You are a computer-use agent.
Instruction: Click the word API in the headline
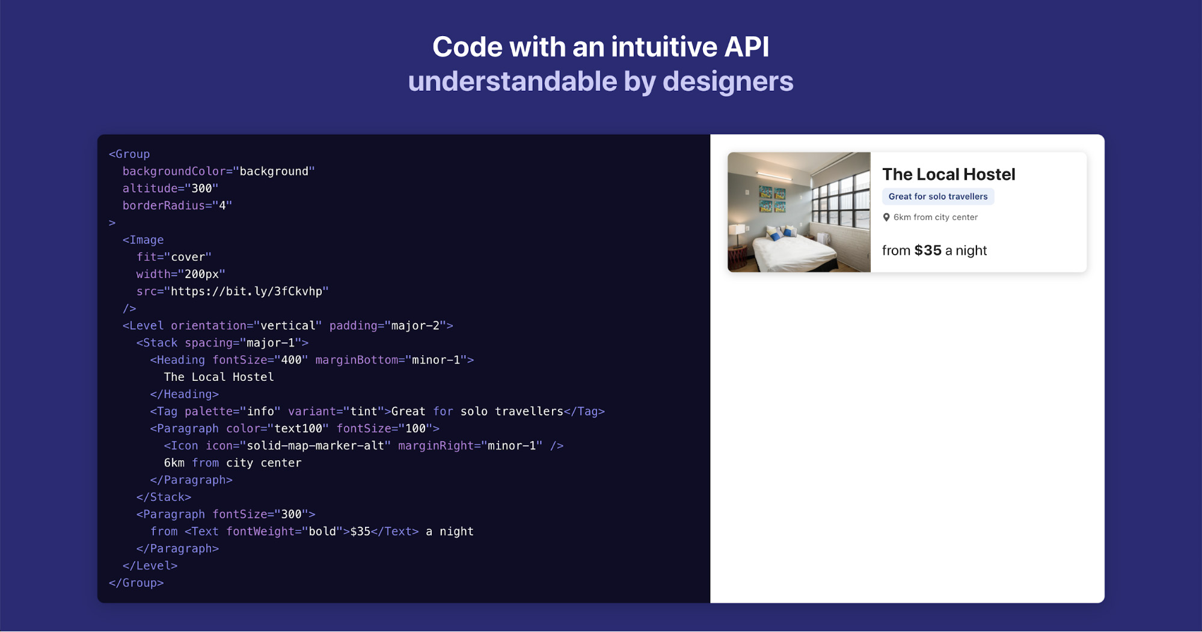(x=746, y=47)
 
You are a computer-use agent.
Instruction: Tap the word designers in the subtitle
(x=728, y=81)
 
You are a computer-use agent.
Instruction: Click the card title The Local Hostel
(x=948, y=174)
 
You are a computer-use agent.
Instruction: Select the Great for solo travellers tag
(x=938, y=196)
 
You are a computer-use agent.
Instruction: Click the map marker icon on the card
(x=886, y=217)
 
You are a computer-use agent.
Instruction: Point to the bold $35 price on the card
(x=928, y=251)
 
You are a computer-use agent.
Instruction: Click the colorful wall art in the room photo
(x=772, y=199)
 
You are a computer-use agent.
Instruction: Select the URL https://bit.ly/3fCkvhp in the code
(x=247, y=291)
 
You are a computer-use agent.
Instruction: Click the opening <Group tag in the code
(x=129, y=154)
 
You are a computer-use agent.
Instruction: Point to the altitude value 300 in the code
(x=201, y=189)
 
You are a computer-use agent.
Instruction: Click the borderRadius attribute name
(x=164, y=205)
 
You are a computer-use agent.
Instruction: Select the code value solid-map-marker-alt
(x=316, y=446)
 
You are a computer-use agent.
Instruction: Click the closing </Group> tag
(x=136, y=583)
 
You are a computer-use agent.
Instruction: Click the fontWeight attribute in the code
(x=260, y=532)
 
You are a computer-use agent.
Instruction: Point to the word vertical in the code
(x=288, y=326)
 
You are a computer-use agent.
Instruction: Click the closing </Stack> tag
(x=164, y=497)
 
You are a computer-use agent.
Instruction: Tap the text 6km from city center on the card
(x=936, y=217)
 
